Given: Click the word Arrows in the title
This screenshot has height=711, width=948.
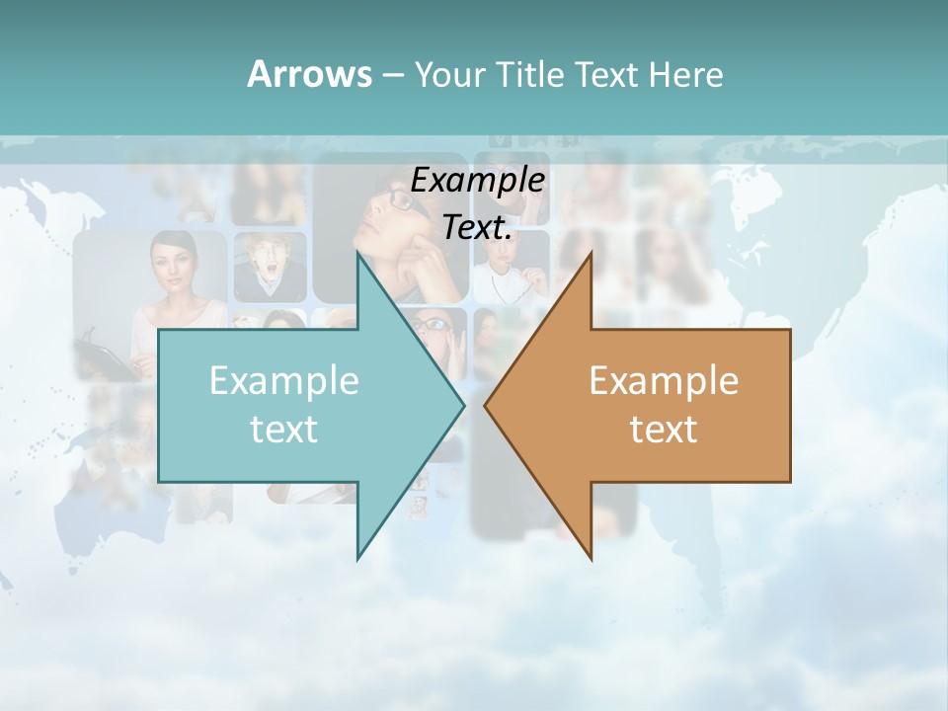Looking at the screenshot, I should pos(308,75).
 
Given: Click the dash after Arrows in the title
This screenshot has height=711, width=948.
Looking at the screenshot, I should pos(392,75).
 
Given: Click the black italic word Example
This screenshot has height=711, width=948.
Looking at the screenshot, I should pos(478,180).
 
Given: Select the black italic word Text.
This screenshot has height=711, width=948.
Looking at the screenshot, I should pos(478,228).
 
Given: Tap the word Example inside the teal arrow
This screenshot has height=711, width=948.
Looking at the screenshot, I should pos(284,380).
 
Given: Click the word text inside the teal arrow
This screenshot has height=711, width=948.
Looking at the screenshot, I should pos(284,429).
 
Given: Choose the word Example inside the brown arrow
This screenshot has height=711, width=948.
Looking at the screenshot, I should pos(664,380).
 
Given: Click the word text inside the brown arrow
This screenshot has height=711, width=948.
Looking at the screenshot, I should pos(664,429).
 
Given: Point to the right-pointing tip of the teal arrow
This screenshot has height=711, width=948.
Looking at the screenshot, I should pos(463,405).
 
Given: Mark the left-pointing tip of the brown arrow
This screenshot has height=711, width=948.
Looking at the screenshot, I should pos(486,405).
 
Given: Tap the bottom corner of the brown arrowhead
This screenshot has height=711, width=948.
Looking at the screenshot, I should pos(591,558).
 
